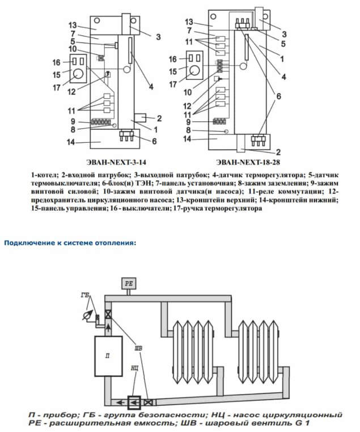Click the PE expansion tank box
(129, 283)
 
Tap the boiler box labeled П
(108, 356)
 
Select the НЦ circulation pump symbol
(134, 403)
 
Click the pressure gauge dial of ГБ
(87, 315)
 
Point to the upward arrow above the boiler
(108, 328)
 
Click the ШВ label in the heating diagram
(138, 349)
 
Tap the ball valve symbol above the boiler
(108, 314)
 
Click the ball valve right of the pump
(148, 403)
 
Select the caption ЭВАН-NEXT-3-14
(116, 162)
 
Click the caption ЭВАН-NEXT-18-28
(248, 162)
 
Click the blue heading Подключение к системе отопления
(70, 243)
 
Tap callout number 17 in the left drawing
(57, 88)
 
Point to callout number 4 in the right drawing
(283, 77)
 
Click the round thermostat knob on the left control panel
(78, 74)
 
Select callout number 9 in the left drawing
(73, 121)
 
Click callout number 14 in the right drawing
(187, 138)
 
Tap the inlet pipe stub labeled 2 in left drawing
(141, 118)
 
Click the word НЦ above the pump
(134, 368)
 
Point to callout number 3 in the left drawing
(158, 37)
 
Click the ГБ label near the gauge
(85, 295)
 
